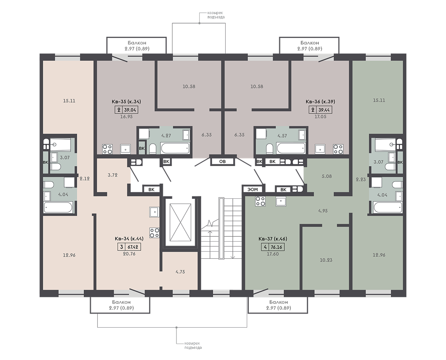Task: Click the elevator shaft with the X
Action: point(180,222)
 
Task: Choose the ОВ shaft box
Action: point(222,162)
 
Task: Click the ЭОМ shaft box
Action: point(252,189)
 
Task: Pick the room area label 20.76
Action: point(129,254)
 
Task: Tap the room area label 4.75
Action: point(180,272)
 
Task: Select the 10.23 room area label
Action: point(326,260)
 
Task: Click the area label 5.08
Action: point(326,176)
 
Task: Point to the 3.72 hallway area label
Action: point(113,175)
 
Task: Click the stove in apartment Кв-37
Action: point(260,201)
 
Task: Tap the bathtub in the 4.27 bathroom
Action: point(175,148)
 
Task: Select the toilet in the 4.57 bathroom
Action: point(269,148)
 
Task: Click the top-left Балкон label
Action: point(137,43)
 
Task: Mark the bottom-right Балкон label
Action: point(278,302)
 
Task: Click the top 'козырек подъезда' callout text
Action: point(216,15)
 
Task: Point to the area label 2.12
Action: point(84,179)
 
